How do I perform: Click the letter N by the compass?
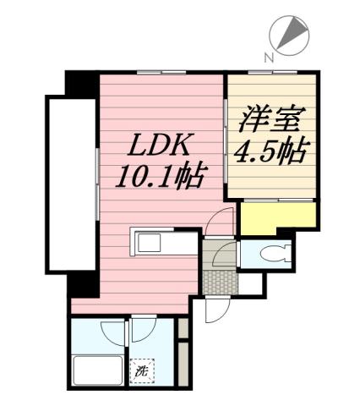(269, 57)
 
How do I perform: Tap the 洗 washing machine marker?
(141, 370)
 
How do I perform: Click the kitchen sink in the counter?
(150, 244)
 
